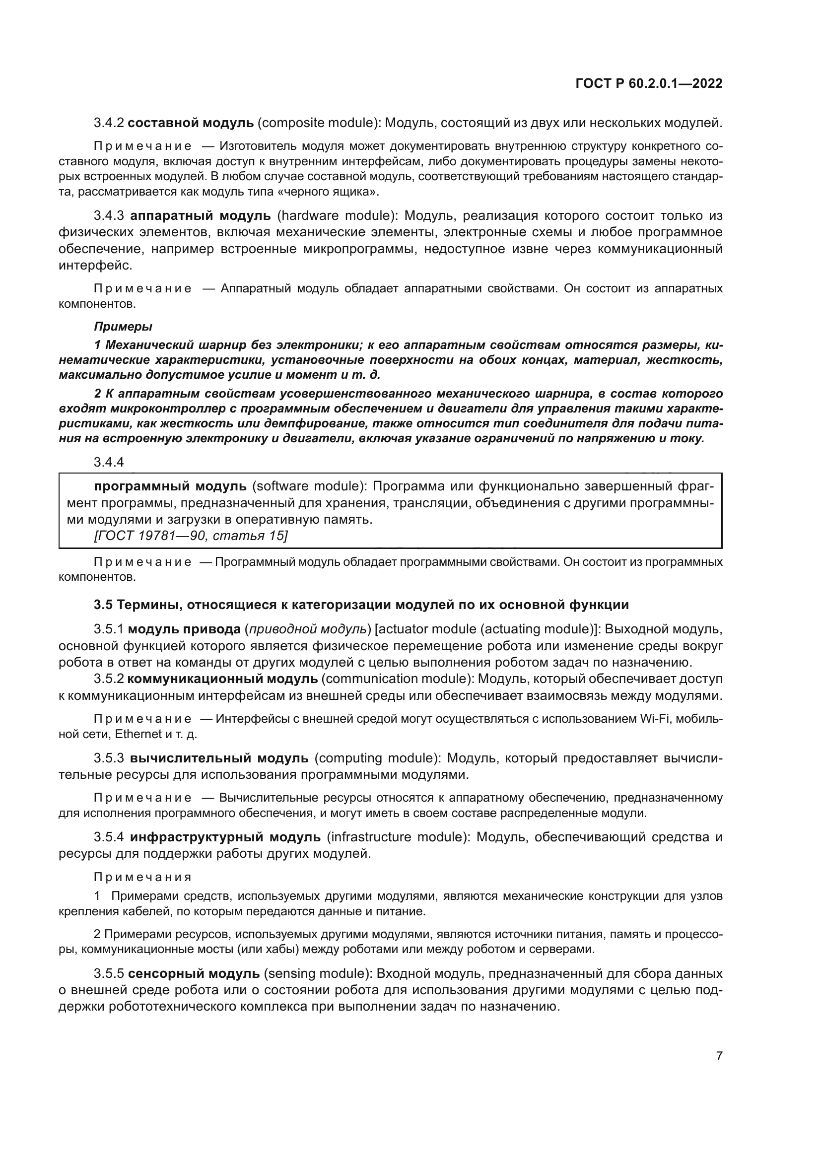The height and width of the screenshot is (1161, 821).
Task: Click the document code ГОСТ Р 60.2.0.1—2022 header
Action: coord(649,84)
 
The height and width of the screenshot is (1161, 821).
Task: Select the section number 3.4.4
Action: coord(109,462)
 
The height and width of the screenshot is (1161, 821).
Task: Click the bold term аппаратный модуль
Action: coord(200,216)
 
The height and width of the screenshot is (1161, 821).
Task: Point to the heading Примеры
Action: coord(124,327)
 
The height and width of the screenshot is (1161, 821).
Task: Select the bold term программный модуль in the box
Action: coord(170,486)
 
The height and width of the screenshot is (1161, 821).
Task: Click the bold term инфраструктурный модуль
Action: coord(225,837)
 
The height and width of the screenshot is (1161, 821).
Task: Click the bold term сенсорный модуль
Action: coord(194,974)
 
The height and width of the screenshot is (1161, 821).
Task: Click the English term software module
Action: coord(309,486)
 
